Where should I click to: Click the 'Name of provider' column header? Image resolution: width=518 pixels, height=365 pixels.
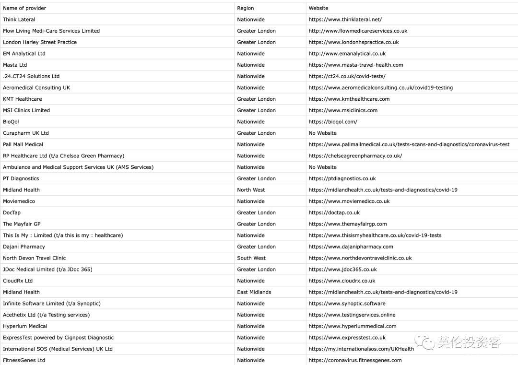point(24,8)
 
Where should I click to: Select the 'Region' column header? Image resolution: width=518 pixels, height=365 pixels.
point(246,8)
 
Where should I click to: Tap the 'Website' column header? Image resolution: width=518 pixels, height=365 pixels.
point(318,8)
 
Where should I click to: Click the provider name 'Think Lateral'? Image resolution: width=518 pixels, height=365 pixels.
point(19,20)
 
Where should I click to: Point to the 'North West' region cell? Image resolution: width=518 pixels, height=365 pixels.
point(251,190)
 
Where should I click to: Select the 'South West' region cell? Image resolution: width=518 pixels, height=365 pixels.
point(251,258)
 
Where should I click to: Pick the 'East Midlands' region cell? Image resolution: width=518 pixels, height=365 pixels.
point(254,292)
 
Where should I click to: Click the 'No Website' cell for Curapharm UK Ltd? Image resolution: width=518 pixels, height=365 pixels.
point(323,133)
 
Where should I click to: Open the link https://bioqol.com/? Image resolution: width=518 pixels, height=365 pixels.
point(333,122)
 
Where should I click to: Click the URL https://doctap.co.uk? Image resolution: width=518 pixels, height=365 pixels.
point(334,212)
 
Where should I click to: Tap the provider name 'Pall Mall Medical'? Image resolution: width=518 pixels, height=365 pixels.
point(23,144)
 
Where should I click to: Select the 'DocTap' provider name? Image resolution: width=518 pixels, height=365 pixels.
point(12,212)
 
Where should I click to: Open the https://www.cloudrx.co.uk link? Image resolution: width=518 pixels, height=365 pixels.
point(342,281)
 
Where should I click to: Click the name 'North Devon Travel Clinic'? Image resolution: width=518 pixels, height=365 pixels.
point(35,258)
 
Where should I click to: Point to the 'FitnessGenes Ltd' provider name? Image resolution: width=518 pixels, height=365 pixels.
point(24,360)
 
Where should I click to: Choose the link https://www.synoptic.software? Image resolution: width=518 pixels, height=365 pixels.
point(347,304)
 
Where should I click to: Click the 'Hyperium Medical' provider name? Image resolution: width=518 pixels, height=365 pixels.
point(25,326)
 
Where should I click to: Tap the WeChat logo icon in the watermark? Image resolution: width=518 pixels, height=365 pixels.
point(425,341)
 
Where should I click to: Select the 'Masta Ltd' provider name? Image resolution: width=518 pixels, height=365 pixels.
point(15,65)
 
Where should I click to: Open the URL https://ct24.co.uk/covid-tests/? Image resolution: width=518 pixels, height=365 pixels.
point(347,76)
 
